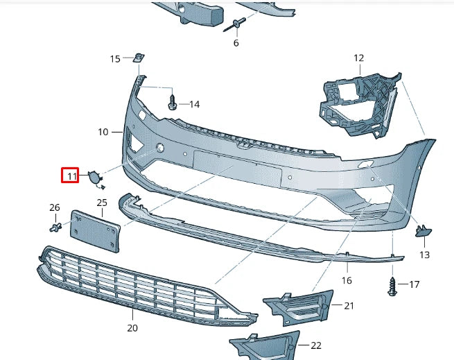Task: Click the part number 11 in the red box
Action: click(x=72, y=176)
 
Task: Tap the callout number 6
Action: click(x=236, y=43)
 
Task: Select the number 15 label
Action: click(x=115, y=58)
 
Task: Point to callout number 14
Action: click(x=194, y=105)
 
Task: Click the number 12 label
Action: click(x=359, y=58)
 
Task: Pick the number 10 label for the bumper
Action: click(x=103, y=131)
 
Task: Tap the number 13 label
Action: click(x=424, y=255)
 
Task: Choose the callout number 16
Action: click(x=347, y=280)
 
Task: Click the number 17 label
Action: click(x=414, y=284)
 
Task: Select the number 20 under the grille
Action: click(x=132, y=327)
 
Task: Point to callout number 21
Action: click(x=349, y=305)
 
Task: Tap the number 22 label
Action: click(x=316, y=345)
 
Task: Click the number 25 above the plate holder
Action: click(x=102, y=203)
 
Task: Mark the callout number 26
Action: click(x=54, y=207)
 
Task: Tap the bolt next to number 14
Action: click(x=173, y=104)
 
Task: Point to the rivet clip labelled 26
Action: click(x=56, y=226)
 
